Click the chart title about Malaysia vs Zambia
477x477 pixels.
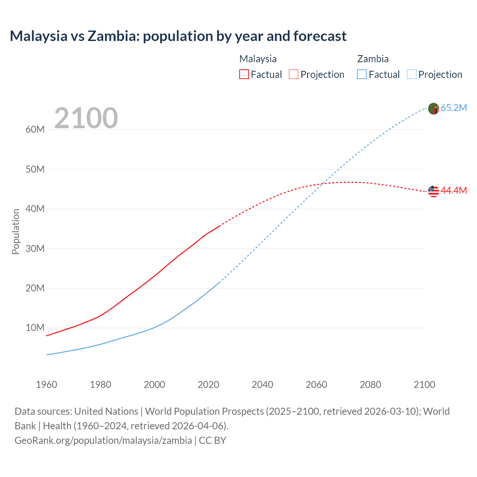178,36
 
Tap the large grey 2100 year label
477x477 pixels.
86,118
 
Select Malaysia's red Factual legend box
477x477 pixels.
244,74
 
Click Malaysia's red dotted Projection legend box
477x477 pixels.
294,74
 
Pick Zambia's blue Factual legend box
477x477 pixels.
361,74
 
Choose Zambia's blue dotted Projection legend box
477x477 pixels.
411,74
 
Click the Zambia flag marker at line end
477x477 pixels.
433,108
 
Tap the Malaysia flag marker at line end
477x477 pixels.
433,191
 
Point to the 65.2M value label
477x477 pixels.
454,108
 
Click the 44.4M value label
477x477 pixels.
454,191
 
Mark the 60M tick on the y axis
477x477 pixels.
35,130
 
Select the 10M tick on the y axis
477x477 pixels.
35,328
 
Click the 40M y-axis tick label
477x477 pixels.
35,209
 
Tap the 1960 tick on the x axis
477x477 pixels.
47,385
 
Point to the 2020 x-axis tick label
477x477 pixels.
208,385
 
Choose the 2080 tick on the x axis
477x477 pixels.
370,385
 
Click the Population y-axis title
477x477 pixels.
16,231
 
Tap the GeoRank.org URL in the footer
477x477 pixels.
103,440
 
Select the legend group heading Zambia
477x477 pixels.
373,59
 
